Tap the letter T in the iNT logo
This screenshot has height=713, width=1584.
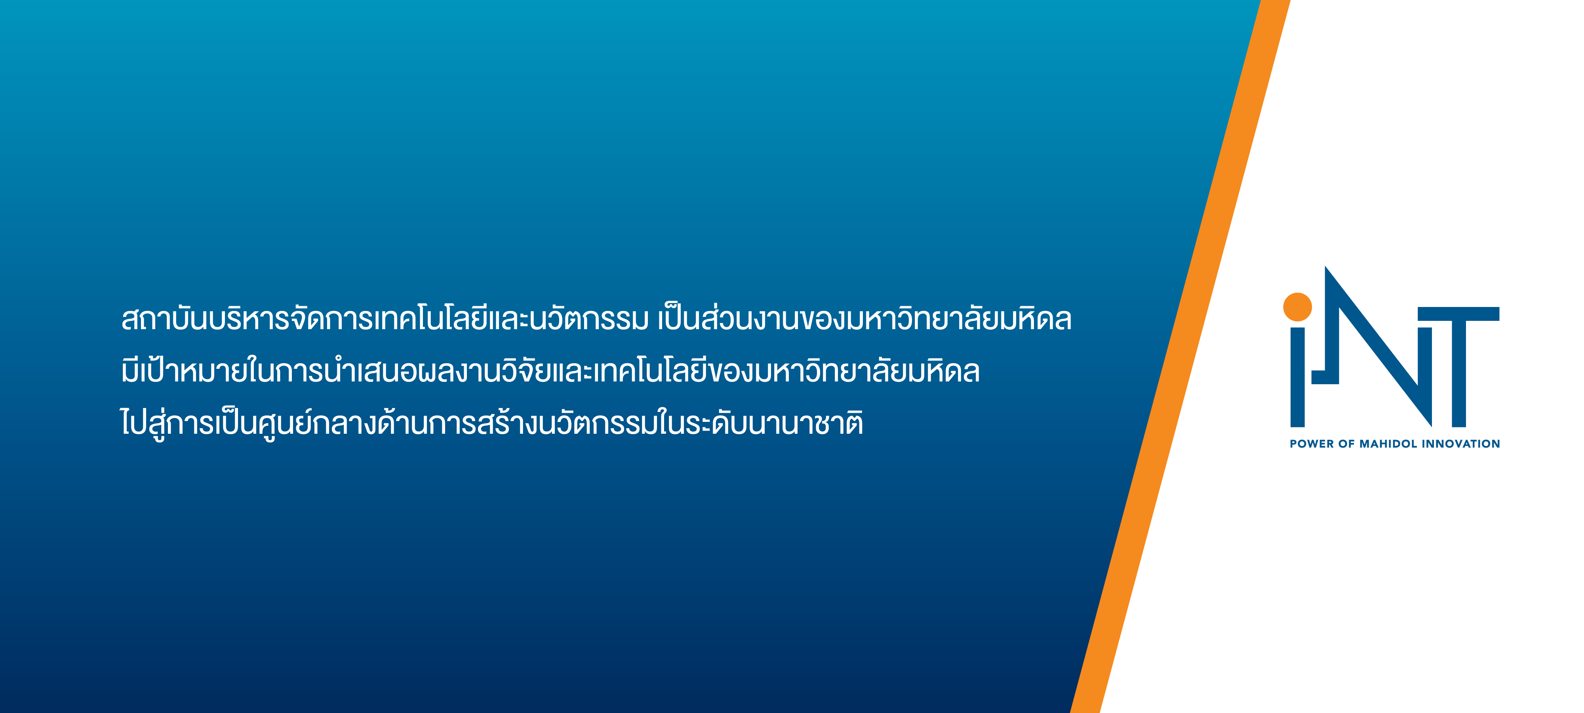click(1458, 367)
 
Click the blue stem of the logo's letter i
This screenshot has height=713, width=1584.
click(1297, 376)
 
